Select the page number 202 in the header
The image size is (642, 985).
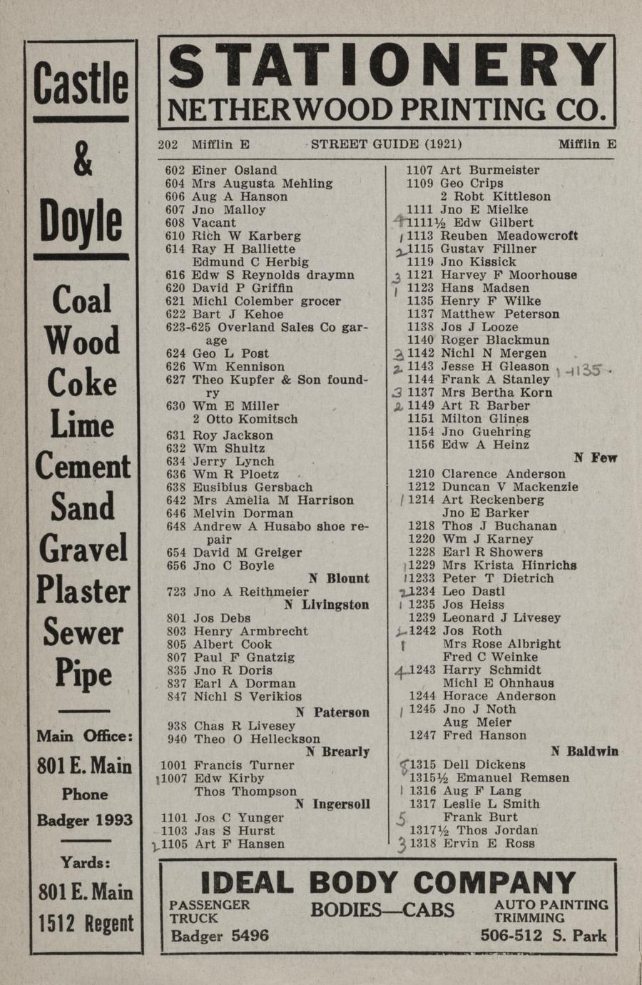168,144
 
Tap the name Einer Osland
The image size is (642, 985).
234,171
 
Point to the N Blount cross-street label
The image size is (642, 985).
339,579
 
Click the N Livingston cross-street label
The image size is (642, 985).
326,605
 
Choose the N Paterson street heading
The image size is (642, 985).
332,712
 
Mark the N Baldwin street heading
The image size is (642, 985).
584,751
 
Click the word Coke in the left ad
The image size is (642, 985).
82,383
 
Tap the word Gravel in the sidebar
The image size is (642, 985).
83,549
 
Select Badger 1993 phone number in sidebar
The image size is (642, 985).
84,819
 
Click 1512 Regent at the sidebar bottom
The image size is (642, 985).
85,923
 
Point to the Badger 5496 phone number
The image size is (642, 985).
220,935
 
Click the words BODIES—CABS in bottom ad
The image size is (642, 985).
382,909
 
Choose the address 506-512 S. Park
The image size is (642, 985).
544,935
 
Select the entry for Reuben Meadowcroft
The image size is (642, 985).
509,236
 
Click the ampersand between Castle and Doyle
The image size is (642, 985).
83,160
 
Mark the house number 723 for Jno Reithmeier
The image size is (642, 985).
175,592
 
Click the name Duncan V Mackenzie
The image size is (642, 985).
510,487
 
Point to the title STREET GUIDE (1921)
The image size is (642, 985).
386,144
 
